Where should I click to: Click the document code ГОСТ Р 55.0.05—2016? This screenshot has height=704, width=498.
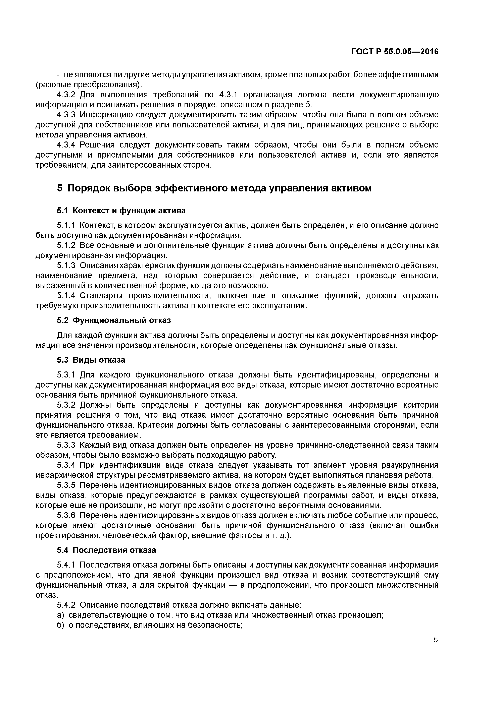pos(395,52)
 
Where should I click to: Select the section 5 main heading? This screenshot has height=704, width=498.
pos(214,188)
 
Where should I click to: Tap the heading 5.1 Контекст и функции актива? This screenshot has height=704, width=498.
pos(121,211)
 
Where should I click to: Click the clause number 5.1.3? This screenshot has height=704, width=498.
pos(66,265)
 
